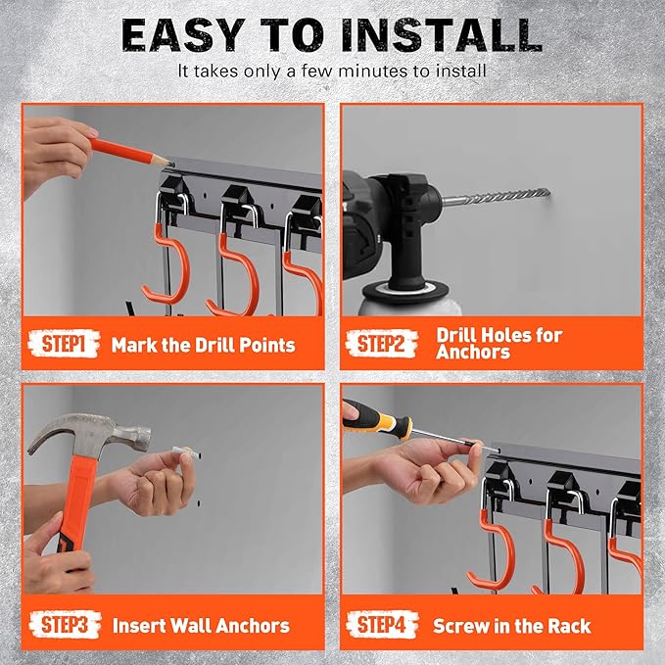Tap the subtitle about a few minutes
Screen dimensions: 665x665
tap(332, 72)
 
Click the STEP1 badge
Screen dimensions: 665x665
tap(68, 344)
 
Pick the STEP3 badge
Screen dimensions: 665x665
tap(68, 624)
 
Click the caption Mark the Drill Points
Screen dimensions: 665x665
tap(203, 345)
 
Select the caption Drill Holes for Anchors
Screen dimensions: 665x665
tap(499, 344)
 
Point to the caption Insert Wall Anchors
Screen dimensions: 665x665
tap(200, 625)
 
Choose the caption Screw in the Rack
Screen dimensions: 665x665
tap(512, 625)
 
